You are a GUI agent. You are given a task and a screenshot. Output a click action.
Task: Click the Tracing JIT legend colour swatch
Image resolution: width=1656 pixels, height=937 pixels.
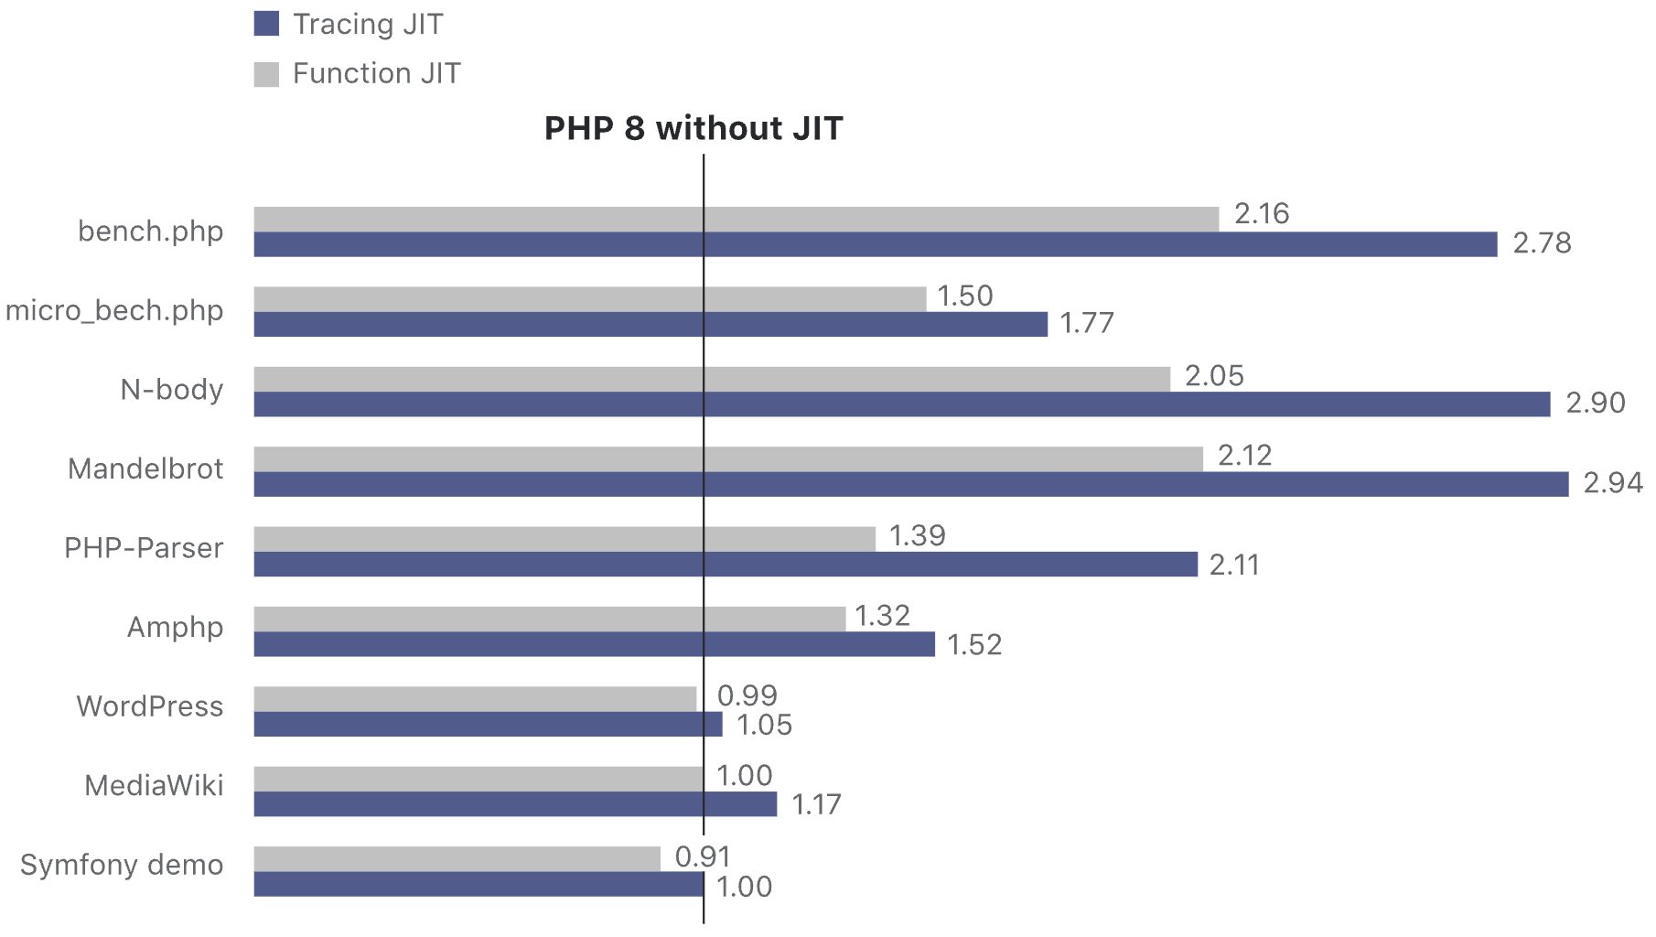click(266, 24)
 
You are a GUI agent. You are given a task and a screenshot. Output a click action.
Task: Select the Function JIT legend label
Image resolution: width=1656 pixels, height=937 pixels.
click(376, 73)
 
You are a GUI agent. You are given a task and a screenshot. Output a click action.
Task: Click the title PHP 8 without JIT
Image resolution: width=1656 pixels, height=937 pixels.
click(693, 128)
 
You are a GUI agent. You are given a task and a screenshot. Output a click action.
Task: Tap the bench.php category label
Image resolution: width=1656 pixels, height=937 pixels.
click(150, 232)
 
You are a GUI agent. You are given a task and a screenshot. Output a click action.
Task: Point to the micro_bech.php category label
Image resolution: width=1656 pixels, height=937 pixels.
click(114, 311)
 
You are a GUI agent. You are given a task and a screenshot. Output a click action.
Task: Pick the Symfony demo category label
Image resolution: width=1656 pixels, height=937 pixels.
click(122, 865)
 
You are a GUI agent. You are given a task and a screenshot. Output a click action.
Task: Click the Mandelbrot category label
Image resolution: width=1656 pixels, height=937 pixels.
click(145, 468)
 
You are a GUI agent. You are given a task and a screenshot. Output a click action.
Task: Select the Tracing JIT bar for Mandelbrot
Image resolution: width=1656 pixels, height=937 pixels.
click(910, 484)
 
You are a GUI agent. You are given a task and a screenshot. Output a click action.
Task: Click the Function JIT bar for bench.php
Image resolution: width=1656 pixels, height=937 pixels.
click(736, 220)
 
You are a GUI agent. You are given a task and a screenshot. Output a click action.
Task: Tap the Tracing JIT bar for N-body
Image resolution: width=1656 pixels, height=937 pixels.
click(901, 404)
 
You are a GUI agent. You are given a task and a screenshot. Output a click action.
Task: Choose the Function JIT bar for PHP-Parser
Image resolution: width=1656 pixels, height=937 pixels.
click(564, 539)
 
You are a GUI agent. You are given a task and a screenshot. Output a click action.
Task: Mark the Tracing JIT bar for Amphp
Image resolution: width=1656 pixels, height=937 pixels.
click(594, 644)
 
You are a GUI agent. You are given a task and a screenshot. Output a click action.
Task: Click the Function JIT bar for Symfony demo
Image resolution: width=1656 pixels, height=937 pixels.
click(457, 859)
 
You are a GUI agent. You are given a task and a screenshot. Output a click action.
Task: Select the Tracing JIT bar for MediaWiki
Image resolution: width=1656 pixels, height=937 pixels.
click(515, 804)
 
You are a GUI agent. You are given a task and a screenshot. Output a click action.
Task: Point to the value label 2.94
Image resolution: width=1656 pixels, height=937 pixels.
click(1613, 482)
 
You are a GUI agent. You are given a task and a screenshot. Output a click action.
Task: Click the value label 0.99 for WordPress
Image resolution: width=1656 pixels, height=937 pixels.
click(747, 695)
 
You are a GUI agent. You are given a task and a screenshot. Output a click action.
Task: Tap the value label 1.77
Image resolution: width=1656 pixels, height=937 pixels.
click(1087, 323)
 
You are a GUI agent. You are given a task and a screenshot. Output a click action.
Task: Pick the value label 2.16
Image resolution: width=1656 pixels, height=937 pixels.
click(1262, 213)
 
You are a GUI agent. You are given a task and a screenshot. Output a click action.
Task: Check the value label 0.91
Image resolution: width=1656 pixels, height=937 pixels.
click(703, 856)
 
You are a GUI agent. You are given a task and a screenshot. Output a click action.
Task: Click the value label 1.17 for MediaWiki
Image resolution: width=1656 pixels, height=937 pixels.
click(816, 804)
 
